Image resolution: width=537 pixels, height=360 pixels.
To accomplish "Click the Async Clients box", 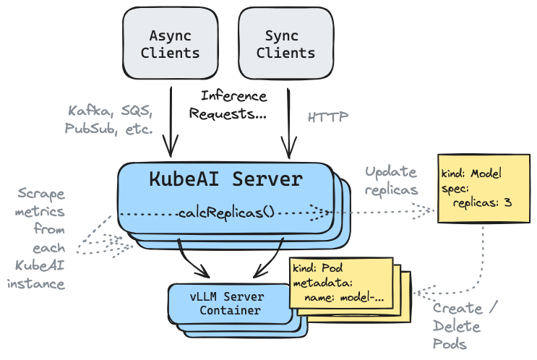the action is pos(171,43).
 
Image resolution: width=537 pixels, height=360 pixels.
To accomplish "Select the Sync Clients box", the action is pos(286,43).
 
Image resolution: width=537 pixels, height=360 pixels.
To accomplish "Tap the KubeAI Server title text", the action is pos(226,179).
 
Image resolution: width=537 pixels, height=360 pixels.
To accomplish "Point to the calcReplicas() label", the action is pos(226,213).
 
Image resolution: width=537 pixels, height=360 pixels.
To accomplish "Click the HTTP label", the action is pos(327,117).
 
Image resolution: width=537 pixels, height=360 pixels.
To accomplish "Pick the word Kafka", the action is pos(89,111).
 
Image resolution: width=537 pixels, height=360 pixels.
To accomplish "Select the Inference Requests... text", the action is pos(228,105).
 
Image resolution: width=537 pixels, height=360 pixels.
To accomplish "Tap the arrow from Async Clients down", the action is pos(171,122).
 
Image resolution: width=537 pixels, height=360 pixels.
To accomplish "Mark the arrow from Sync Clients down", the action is pos(288,124).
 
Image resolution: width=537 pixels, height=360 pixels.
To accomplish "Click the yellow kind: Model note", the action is pos(484,189).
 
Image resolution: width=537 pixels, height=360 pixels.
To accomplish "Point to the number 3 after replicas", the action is pos(508,202).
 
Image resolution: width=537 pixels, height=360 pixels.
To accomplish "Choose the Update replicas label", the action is pos(391,181).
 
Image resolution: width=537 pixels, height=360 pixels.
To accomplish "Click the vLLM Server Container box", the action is pos(229,304).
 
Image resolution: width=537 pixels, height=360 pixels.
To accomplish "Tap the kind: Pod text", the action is pos(317,268).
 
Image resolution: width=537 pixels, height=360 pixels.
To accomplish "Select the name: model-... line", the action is pos(344,297).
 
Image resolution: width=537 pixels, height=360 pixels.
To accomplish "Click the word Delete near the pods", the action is pos(457,326).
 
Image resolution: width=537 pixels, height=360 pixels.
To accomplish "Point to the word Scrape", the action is pos(41,194).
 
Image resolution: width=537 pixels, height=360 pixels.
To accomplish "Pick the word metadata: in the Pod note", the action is pos(322,283).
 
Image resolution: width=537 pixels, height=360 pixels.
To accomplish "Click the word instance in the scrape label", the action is pos(36,284).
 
